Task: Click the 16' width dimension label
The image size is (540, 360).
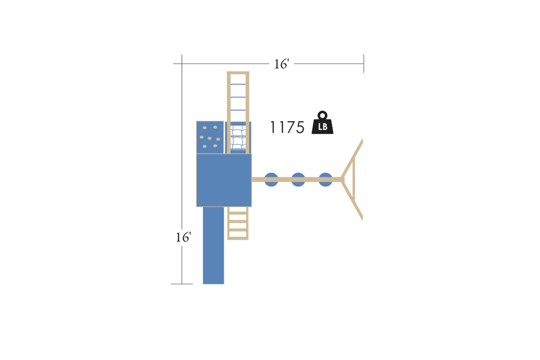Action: (x=282, y=64)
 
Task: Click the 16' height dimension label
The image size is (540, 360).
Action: (x=184, y=237)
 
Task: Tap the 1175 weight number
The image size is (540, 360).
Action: (x=287, y=127)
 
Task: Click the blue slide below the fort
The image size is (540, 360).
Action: (x=213, y=245)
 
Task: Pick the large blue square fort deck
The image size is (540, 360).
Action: (x=224, y=180)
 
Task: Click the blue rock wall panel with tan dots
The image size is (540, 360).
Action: (x=210, y=137)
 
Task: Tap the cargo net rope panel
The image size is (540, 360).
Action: (x=238, y=138)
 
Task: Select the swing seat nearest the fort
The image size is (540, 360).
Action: (x=271, y=180)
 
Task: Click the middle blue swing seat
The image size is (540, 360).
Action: (x=298, y=180)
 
